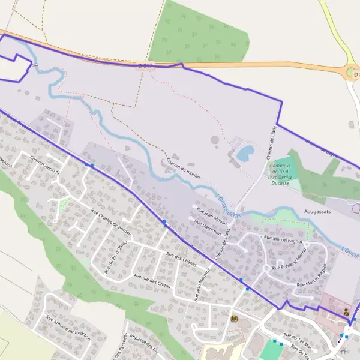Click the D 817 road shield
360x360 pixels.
(145, 65)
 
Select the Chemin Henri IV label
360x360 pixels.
(46, 165)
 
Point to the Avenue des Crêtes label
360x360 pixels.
(152, 280)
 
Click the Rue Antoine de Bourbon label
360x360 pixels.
(68, 328)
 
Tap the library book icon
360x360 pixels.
(234, 319)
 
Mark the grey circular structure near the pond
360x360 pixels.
(215, 140)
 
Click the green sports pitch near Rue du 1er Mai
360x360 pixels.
(269, 350)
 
